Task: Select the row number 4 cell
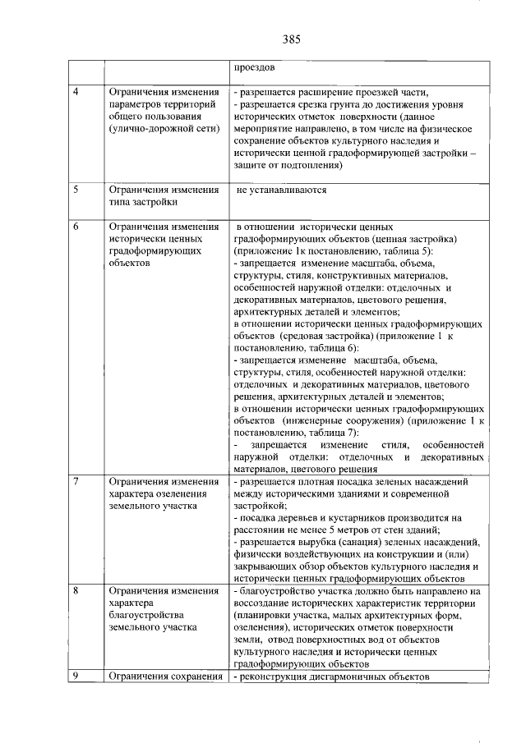76,91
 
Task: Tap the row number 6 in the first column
76,226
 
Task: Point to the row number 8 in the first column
76,590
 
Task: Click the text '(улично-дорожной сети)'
164,131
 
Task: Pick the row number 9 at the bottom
76,676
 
